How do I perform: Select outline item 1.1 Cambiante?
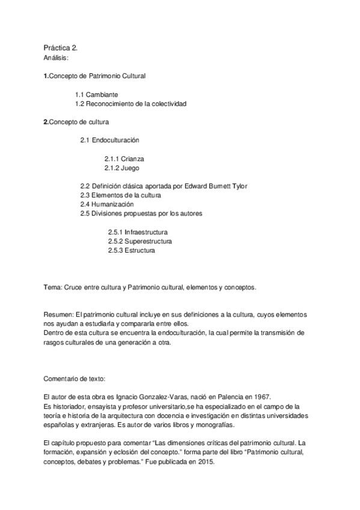[x=96, y=94]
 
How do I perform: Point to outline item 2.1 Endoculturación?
[x=109, y=140]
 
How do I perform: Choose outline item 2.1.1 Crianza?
[x=124, y=159]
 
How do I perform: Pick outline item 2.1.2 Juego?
[x=121, y=168]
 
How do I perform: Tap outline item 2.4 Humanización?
[x=107, y=204]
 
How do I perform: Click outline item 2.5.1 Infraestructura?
[x=138, y=232]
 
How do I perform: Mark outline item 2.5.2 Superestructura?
[x=140, y=241]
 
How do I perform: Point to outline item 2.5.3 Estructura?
[x=131, y=250]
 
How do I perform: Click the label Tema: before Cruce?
[x=52, y=287]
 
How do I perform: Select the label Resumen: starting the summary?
[x=58, y=315]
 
